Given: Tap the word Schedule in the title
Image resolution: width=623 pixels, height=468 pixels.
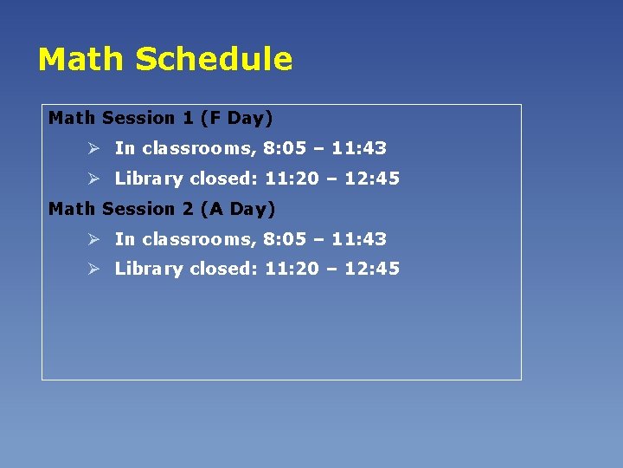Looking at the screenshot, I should coord(214,60).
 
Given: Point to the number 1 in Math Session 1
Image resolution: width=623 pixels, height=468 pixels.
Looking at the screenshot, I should coord(187,118).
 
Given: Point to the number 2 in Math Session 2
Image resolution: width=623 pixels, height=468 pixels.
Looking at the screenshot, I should coord(188,209).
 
